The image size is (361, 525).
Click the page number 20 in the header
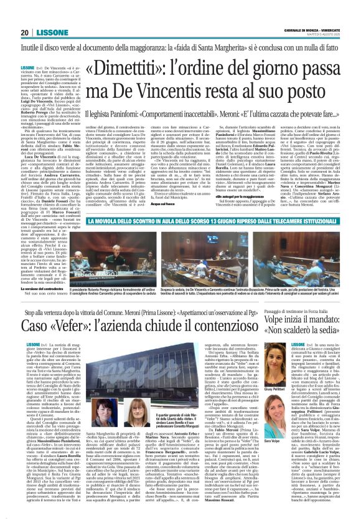pos(24,32)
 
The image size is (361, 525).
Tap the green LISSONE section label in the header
pos(49,32)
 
